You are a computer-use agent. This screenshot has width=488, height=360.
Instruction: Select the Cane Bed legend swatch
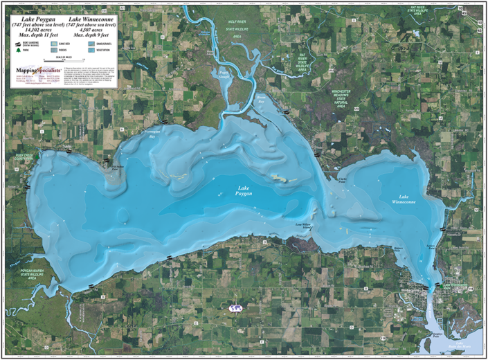[55, 43]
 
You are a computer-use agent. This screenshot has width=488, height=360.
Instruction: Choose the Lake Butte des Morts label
[458, 346]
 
